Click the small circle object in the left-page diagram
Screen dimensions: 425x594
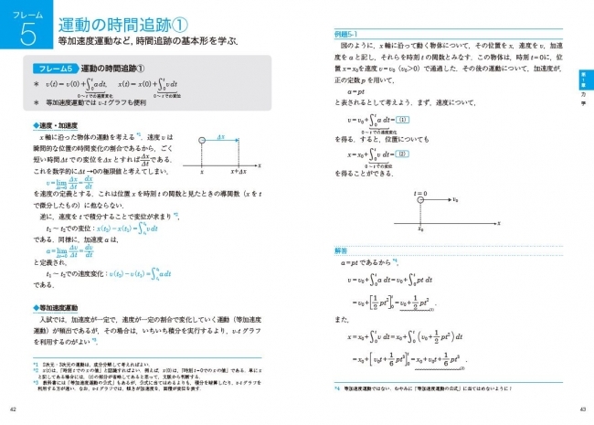pos(200,140)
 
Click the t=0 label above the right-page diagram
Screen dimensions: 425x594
pos(419,195)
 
